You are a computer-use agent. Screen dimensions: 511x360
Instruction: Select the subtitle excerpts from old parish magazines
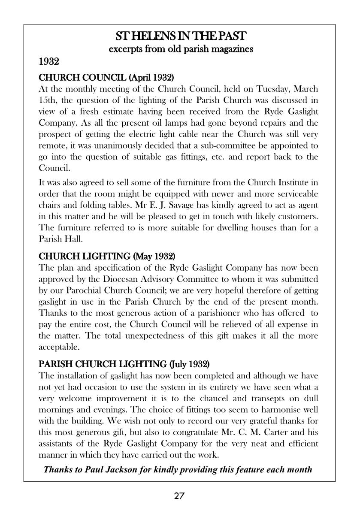(181, 49)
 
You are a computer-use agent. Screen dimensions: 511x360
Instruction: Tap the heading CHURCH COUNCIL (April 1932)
(106, 78)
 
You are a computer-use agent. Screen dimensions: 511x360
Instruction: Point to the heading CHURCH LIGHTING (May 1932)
(107, 257)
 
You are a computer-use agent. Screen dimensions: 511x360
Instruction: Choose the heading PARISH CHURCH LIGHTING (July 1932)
(124, 364)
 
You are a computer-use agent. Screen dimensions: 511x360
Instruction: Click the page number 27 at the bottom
(179, 496)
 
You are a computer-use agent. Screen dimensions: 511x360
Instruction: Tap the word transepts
(267, 398)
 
